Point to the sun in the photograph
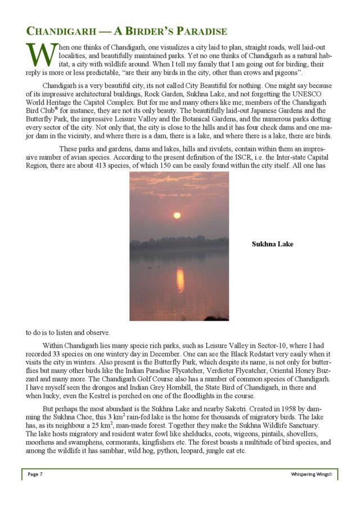177,215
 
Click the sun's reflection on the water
180,279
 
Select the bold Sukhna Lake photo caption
272,244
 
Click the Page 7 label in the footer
35,474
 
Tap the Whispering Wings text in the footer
311,474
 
